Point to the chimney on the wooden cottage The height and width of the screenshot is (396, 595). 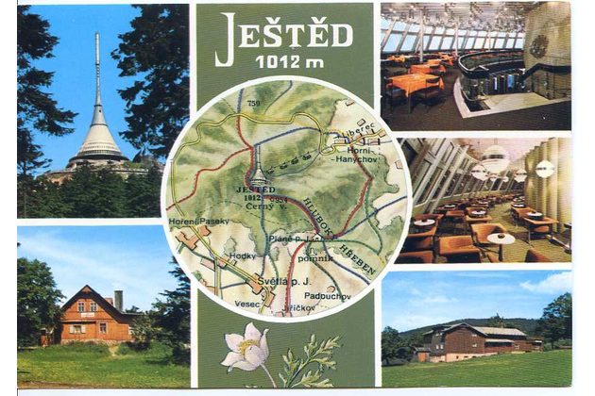(x=118, y=300)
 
